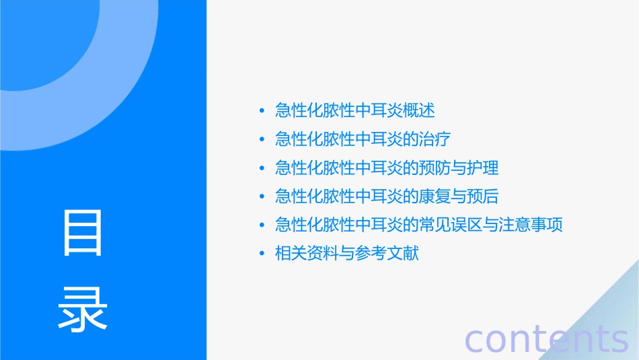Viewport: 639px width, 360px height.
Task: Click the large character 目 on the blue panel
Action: tap(83, 233)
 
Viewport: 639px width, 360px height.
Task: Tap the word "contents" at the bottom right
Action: tap(546, 338)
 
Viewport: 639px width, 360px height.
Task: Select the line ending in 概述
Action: tap(354, 110)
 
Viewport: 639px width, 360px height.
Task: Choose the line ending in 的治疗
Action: tap(363, 139)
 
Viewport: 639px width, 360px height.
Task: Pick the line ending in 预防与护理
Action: tap(387, 168)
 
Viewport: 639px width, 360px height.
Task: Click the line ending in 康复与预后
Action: tap(387, 196)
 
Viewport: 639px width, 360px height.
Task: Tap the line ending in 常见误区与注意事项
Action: tap(418, 225)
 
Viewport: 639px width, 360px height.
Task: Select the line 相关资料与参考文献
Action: tap(346, 254)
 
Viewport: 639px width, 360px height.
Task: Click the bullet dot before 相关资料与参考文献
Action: tap(262, 254)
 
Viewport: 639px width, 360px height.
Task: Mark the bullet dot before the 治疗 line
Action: tap(262, 140)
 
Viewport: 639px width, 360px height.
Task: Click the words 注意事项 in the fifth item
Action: tap(531, 225)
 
